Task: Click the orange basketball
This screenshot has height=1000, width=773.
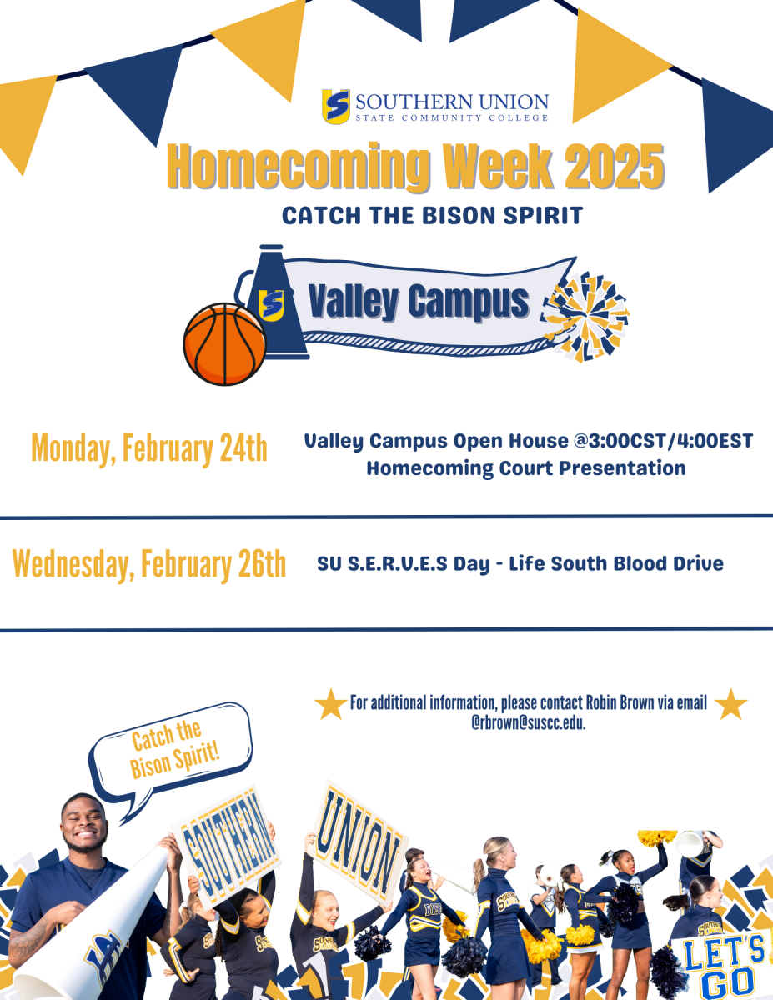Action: pos(224,344)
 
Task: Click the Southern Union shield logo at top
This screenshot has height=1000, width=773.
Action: pos(336,107)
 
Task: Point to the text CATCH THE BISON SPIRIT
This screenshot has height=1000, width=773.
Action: pos(431,215)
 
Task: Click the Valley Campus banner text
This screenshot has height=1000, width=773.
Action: pos(418,301)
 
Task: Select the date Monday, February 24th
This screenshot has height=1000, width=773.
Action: pos(149,448)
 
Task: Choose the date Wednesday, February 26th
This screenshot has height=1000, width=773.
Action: pos(149,564)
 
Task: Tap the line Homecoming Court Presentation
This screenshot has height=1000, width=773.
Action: pos(526,467)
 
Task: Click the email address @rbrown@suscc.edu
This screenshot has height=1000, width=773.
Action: pos(528,722)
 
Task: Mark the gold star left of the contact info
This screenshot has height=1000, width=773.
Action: pos(330,705)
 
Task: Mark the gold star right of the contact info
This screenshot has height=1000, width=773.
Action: pos(730,705)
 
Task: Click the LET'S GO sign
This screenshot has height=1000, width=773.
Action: pos(719,962)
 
